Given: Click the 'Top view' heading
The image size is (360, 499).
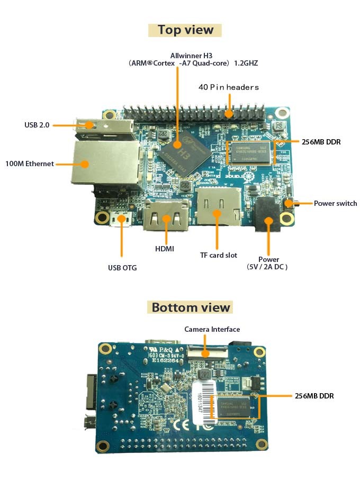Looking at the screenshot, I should [185, 30].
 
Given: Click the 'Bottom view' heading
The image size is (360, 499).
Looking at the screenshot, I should [191, 307].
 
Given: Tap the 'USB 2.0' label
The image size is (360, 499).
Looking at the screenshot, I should [37, 125].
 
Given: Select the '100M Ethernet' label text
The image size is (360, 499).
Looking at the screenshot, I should [30, 164].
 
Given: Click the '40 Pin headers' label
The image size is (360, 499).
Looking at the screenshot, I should [229, 87].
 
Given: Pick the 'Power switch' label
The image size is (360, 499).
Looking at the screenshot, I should [335, 203].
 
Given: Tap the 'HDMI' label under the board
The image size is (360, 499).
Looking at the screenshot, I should [165, 248].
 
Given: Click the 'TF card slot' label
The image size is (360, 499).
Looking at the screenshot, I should [218, 255].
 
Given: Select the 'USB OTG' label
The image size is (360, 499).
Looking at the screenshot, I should [122, 268].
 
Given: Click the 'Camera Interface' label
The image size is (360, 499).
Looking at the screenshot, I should [212, 329].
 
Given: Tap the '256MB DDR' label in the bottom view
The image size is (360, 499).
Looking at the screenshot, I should [314, 396].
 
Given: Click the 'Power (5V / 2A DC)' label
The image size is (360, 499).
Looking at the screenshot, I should [268, 263].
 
